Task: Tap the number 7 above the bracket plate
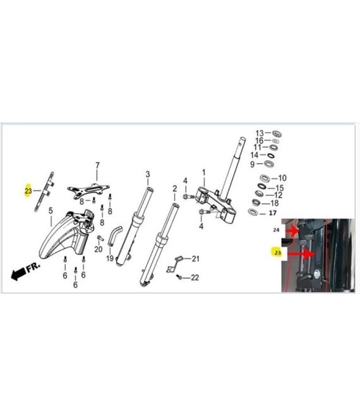point(97,166)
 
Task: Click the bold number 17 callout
point(273,213)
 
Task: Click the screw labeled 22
point(179,277)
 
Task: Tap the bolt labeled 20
point(100,238)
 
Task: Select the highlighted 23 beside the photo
point(277,252)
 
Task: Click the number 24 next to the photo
point(276,229)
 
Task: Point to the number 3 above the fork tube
point(148,174)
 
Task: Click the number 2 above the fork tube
point(175,189)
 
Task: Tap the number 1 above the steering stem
point(204,173)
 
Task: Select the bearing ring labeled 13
point(277,134)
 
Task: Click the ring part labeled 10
point(265,178)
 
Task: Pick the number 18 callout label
point(274,203)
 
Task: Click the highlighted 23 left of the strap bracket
point(28,191)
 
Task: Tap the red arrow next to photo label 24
point(292,231)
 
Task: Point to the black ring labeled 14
point(271,155)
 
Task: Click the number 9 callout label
point(253,164)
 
